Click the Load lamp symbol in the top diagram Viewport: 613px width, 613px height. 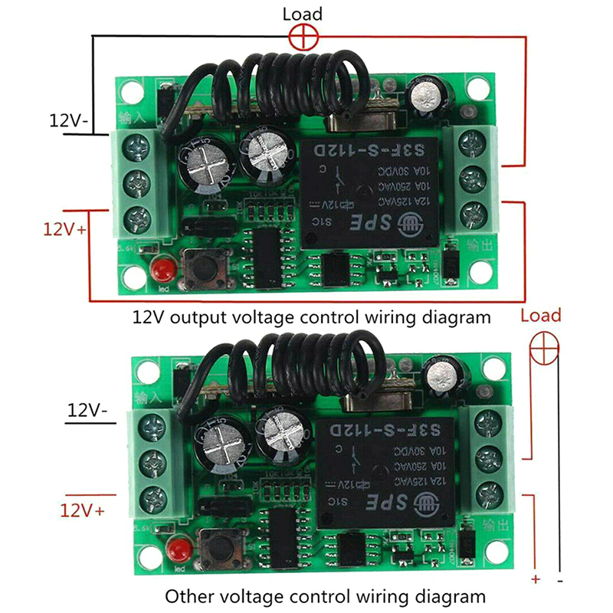pyautogui.click(x=303, y=35)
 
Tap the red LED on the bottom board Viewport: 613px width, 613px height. pyautogui.click(x=180, y=549)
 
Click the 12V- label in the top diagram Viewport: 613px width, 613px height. pyautogui.click(x=68, y=120)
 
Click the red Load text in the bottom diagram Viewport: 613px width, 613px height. pyautogui.click(x=540, y=316)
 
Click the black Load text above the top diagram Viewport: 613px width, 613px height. pyautogui.click(x=303, y=14)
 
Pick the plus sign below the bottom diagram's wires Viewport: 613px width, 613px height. pyautogui.click(x=536, y=579)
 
